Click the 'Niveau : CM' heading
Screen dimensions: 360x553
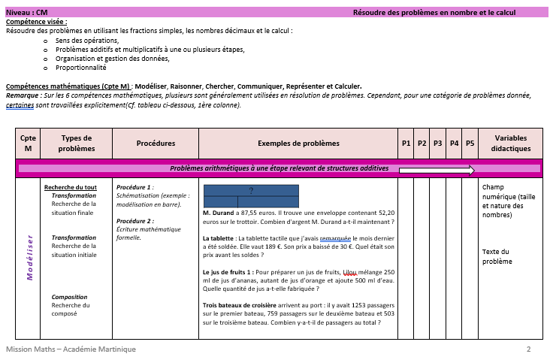point(27,13)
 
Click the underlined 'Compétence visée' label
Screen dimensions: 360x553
point(36,23)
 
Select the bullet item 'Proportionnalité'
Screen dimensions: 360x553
point(77,68)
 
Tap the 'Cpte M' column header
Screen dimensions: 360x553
point(28,143)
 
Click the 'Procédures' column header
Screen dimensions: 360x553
point(156,143)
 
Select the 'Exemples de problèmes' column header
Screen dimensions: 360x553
point(298,143)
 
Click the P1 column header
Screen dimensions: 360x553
point(406,143)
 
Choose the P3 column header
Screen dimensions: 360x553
point(438,143)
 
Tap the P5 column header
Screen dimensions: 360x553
point(470,143)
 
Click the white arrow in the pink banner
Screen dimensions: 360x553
point(437,169)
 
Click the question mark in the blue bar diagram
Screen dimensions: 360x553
point(251,190)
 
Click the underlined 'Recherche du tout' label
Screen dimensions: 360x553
point(71,187)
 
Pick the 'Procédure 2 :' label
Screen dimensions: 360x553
point(135,221)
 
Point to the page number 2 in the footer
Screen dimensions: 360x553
point(529,349)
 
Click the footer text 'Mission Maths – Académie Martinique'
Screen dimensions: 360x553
point(71,349)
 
